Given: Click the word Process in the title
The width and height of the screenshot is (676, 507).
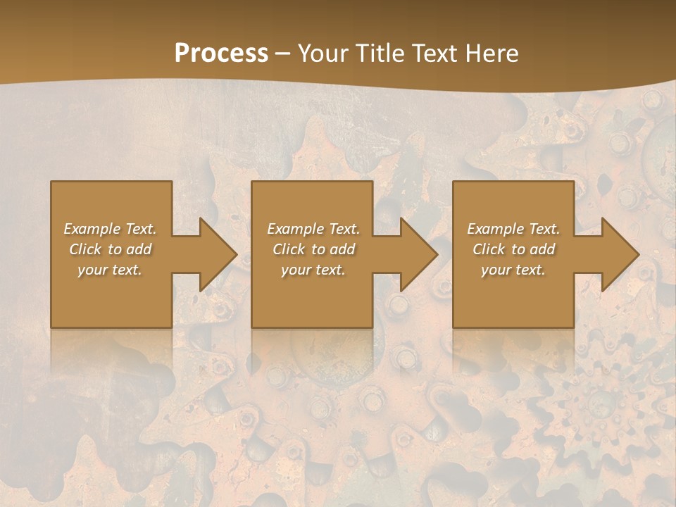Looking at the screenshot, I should [221, 54].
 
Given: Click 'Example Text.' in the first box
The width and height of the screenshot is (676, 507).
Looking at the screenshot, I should [111, 229].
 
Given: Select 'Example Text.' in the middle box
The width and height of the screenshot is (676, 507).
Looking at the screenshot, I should [313, 229].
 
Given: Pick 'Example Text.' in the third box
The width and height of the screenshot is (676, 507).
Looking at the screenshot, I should [513, 229].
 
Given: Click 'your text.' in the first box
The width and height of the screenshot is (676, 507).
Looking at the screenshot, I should [111, 270].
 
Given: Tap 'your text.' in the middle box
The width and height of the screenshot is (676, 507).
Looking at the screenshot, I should [313, 270].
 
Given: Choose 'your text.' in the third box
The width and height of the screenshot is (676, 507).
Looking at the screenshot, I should [513, 270].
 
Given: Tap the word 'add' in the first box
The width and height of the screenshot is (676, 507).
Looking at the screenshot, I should [139, 249].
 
